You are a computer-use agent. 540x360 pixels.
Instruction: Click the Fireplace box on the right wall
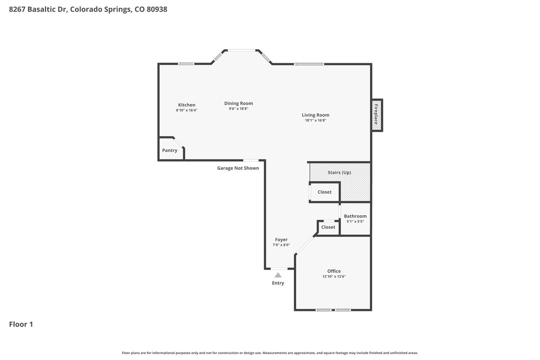[x=377, y=115]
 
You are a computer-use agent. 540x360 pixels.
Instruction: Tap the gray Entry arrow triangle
[x=278, y=275]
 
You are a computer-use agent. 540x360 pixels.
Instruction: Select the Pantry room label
[x=170, y=151]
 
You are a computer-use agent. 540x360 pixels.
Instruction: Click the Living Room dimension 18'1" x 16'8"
[x=316, y=120]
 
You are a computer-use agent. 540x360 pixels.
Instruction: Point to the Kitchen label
[x=186, y=105]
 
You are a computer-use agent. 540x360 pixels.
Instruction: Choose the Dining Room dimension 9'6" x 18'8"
[x=238, y=109]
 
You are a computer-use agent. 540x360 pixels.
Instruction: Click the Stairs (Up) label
[x=339, y=173]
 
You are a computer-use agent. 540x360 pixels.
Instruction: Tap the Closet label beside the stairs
[x=324, y=192]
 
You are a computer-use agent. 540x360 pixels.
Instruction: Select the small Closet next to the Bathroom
[x=328, y=227]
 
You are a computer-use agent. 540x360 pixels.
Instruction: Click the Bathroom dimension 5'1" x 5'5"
[x=355, y=222]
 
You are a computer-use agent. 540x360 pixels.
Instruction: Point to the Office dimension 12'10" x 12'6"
[x=334, y=276]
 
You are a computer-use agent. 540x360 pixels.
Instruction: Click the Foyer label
[x=281, y=240]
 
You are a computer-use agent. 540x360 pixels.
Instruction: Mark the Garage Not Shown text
[x=238, y=168]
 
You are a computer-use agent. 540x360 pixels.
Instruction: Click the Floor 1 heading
[x=21, y=324]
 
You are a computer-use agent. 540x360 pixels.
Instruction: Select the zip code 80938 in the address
[x=157, y=9]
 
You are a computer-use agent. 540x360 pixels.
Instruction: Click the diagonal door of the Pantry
[x=178, y=143]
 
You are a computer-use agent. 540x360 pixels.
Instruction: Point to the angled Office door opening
[x=305, y=245]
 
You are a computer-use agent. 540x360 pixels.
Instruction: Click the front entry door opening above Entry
[x=279, y=268]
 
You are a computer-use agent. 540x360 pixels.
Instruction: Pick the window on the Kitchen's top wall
[x=186, y=64]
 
